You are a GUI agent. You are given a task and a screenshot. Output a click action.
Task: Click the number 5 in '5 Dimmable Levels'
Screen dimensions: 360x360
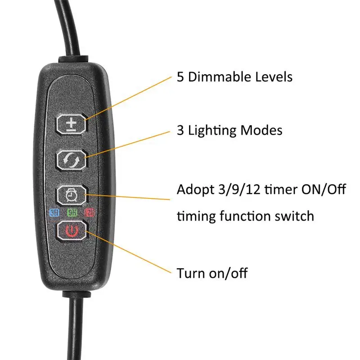click(180, 76)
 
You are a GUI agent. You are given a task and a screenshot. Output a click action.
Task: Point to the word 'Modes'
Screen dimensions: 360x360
click(261, 130)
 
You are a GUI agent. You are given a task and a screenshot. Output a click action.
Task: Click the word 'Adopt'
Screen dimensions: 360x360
click(194, 189)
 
